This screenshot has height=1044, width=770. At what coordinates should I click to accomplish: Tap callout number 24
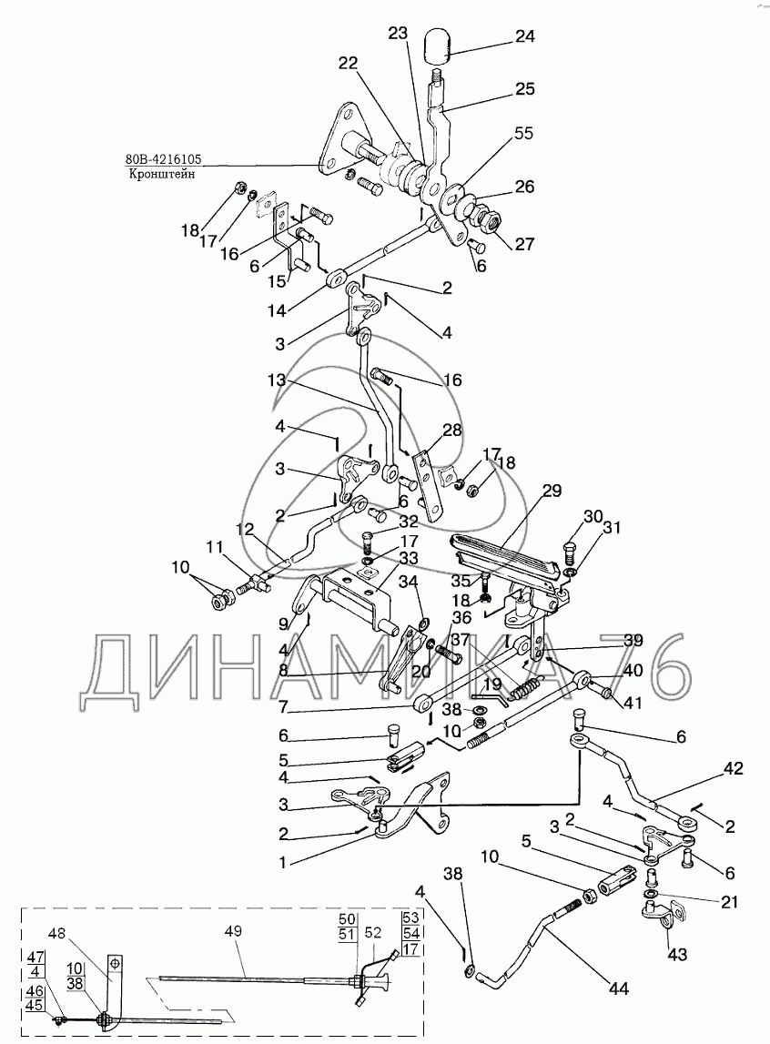click(x=524, y=36)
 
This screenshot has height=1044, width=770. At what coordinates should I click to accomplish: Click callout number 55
click(x=523, y=133)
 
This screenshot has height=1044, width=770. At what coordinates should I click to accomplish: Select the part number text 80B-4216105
click(x=164, y=159)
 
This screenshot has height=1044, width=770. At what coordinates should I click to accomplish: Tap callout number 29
click(x=552, y=491)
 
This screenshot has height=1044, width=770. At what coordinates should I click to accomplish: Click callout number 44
click(x=618, y=988)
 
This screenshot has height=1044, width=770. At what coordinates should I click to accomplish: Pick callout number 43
click(x=677, y=955)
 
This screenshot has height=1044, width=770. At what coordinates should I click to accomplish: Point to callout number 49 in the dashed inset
click(x=233, y=931)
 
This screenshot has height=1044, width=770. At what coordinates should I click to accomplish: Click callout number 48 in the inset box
click(x=56, y=934)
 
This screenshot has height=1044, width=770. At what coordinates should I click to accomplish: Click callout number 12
click(x=245, y=530)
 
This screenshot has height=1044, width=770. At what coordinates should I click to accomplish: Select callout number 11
click(x=214, y=548)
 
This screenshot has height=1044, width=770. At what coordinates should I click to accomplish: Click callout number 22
click(x=348, y=63)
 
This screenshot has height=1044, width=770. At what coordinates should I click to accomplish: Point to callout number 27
click(x=524, y=244)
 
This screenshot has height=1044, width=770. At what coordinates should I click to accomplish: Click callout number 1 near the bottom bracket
click(x=282, y=863)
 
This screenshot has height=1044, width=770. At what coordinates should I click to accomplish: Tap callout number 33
click(x=410, y=557)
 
